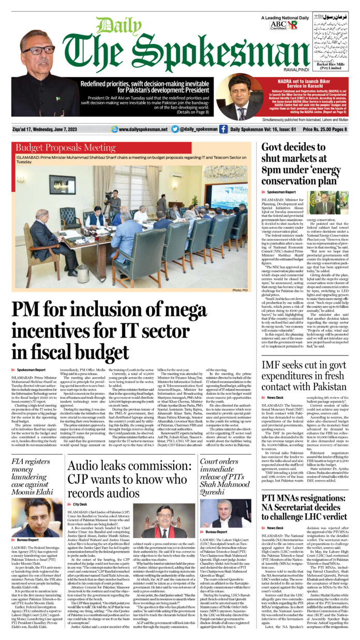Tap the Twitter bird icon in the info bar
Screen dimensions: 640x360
175,129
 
